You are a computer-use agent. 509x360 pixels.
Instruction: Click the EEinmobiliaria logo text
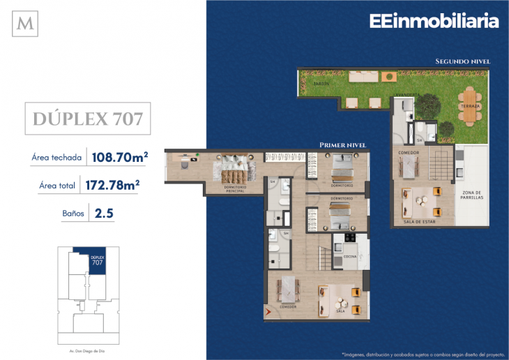(x=434, y=21)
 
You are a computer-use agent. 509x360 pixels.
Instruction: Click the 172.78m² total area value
(x=112, y=185)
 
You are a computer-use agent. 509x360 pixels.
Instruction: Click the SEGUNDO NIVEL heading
(x=462, y=61)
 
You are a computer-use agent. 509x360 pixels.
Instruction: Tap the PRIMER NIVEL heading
(x=342, y=145)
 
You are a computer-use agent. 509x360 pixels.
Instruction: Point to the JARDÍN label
(x=321, y=83)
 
